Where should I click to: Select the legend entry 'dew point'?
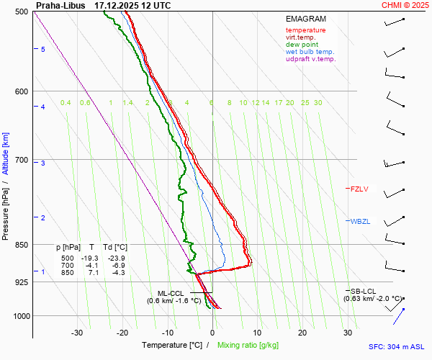[x=302, y=45]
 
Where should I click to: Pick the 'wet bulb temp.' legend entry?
[x=310, y=52]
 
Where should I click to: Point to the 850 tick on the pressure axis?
[x=22, y=245]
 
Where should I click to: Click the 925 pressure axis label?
[x=22, y=282]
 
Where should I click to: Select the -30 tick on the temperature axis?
[x=78, y=332]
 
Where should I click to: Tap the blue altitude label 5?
[x=42, y=49]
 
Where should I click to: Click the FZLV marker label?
[x=359, y=189]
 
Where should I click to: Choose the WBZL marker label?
[x=360, y=221]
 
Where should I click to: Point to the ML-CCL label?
[x=171, y=293]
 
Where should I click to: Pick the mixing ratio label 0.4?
[x=66, y=103]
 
